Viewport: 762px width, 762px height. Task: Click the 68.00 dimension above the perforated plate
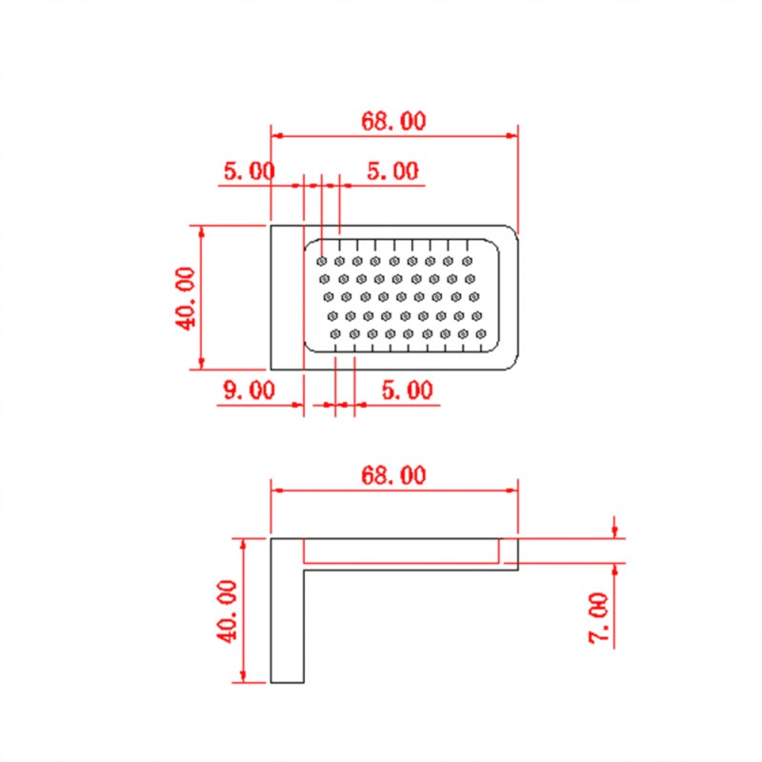[x=393, y=121]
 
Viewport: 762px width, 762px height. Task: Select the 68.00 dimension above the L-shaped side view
[x=393, y=474]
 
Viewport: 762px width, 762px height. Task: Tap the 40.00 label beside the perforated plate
[x=185, y=298]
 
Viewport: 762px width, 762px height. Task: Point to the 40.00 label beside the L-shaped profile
[x=227, y=612]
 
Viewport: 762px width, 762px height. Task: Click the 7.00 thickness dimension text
[x=599, y=618]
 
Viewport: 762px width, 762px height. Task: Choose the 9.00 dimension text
[x=249, y=390]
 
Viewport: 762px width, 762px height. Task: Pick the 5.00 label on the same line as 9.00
[x=408, y=390]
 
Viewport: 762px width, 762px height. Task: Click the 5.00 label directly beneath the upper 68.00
[x=392, y=170]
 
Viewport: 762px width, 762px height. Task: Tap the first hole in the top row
[x=321, y=261]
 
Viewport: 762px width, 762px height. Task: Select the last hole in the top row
[x=467, y=261]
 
